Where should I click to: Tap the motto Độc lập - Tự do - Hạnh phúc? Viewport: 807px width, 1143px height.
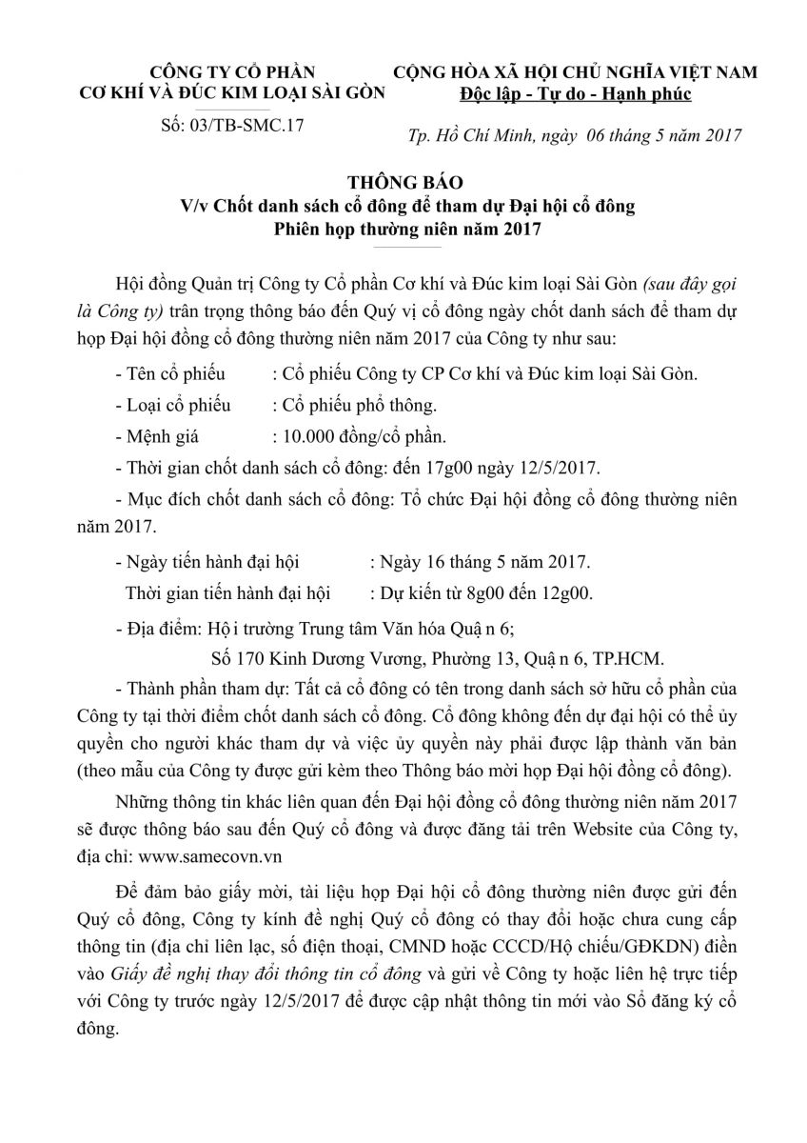574,94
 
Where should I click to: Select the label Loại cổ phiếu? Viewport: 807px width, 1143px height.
178,406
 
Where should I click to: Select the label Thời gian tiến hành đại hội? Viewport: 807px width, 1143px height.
227,594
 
